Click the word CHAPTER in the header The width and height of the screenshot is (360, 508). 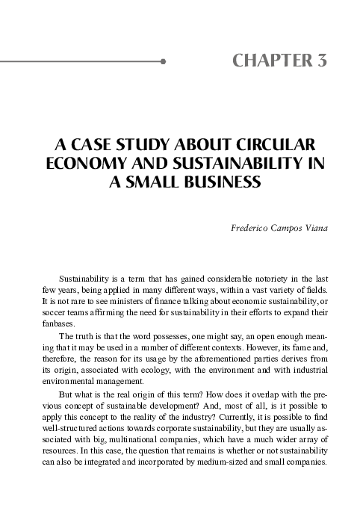point(270,61)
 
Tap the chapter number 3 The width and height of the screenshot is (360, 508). point(321,61)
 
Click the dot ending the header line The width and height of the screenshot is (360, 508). point(163,63)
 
